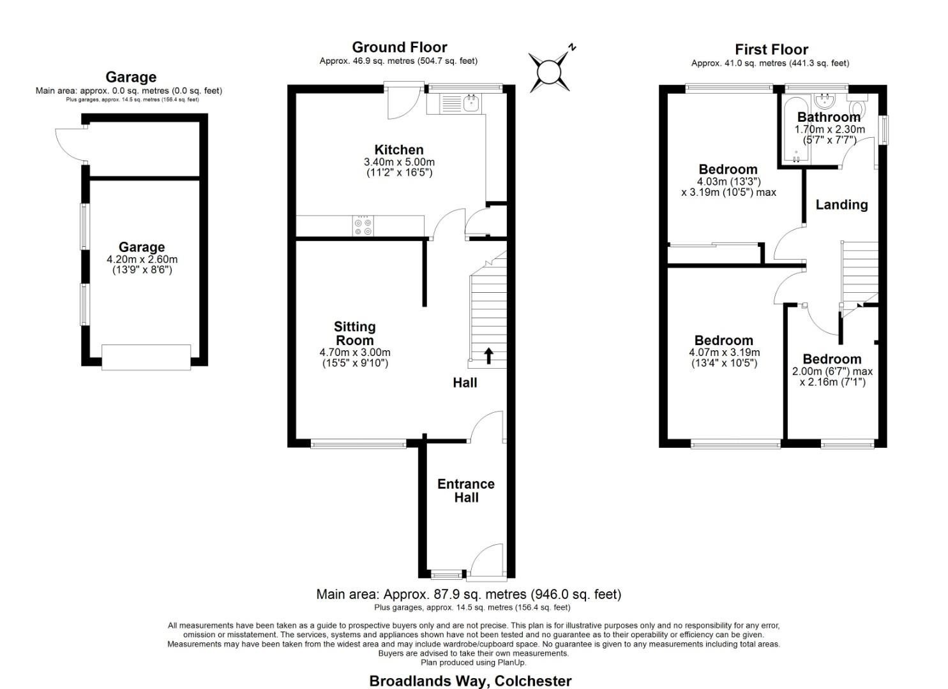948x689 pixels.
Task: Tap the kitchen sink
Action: click(x=472, y=102)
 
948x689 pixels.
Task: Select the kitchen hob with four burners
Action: click(x=363, y=226)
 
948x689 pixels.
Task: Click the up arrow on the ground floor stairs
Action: click(x=488, y=355)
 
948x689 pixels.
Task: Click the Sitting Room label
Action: click(x=354, y=333)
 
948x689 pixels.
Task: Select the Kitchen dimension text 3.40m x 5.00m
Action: click(x=399, y=162)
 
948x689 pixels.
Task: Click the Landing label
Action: click(x=841, y=205)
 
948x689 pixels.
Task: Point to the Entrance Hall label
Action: click(x=465, y=491)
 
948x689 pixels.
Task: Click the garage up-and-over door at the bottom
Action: click(x=146, y=357)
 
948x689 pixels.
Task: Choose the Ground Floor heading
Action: click(x=399, y=47)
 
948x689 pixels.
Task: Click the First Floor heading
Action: click(x=771, y=50)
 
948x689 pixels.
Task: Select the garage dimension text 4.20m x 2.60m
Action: click(x=142, y=260)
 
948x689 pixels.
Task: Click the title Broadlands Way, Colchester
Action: click(x=470, y=681)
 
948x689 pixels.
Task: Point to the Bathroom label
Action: click(x=829, y=117)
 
